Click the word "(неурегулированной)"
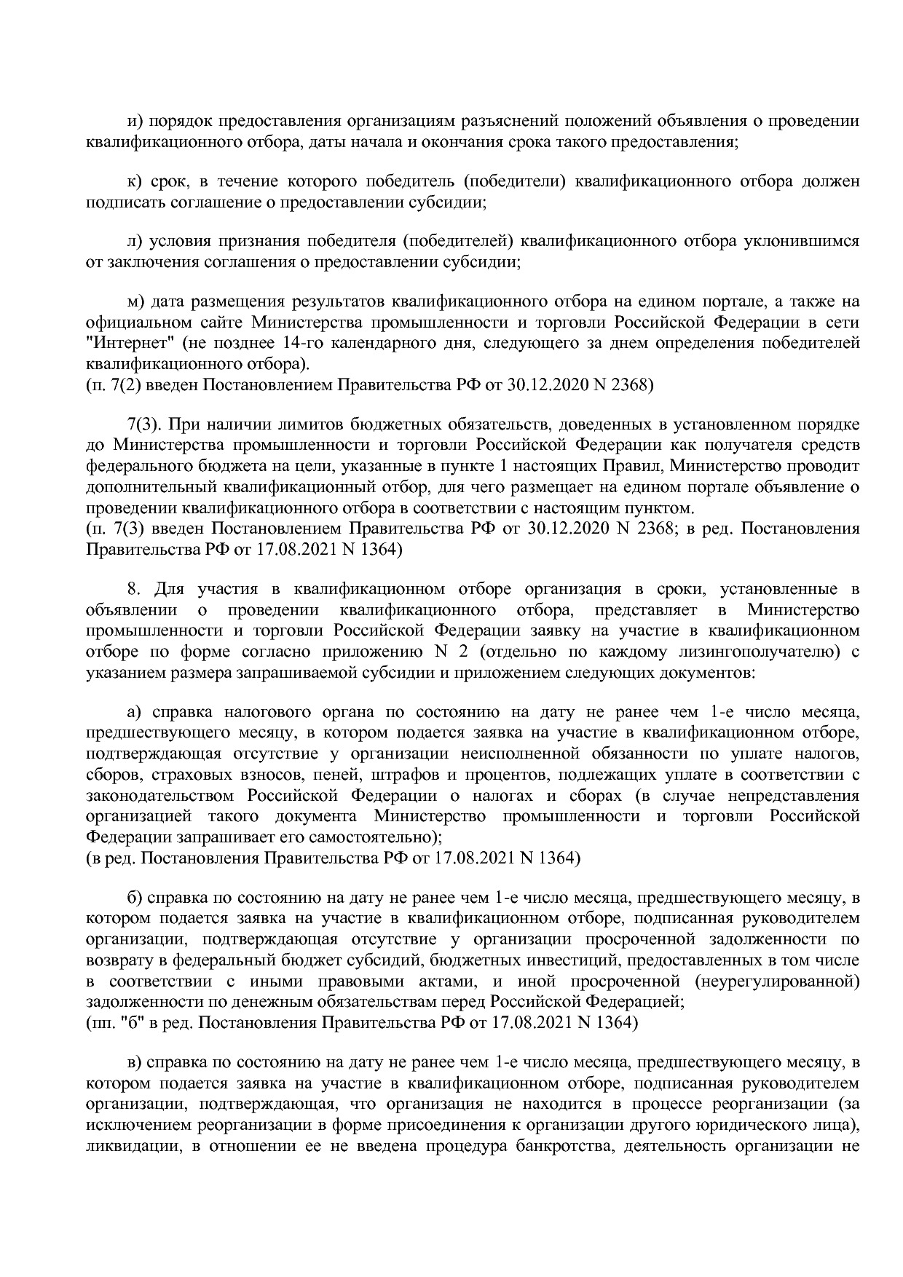click(x=777, y=981)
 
